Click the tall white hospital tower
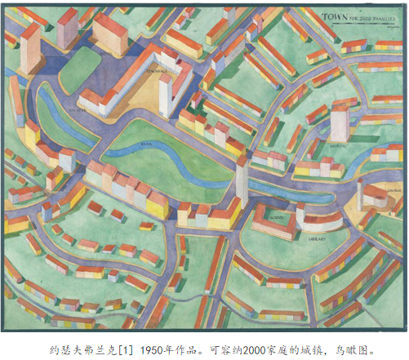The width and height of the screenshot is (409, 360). click(339, 121)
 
